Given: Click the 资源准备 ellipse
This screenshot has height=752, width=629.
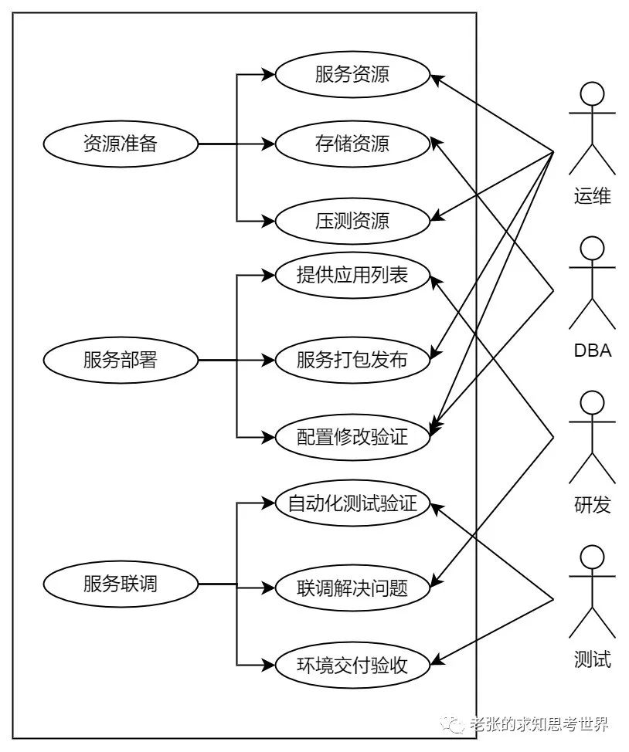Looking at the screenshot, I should (x=121, y=144).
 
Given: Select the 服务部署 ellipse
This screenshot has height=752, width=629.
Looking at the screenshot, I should (x=121, y=360).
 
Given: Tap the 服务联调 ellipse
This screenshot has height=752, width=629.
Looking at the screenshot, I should (x=121, y=584).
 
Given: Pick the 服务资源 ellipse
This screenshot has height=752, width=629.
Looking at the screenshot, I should (x=352, y=75).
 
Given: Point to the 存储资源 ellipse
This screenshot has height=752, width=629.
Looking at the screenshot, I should (x=352, y=144).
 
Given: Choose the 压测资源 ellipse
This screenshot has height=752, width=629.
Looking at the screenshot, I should (x=352, y=221).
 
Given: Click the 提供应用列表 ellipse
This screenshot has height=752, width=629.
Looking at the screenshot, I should (x=352, y=275).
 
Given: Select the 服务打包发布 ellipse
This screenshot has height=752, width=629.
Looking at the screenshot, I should (x=352, y=360).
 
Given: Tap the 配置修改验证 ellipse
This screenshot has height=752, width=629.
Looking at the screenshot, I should (x=352, y=437).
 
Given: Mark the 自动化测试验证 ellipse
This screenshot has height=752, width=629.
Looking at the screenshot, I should (x=352, y=505).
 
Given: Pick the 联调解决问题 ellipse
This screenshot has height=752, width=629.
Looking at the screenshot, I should (x=352, y=588).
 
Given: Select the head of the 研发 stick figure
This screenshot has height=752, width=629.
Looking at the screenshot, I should (x=593, y=404).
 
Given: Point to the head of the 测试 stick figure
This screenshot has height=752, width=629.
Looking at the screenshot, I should (x=593, y=558).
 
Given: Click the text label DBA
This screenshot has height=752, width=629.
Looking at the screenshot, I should (x=593, y=351).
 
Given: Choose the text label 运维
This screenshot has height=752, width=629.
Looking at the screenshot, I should (x=593, y=196).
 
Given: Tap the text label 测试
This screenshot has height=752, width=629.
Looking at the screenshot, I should (x=593, y=659).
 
